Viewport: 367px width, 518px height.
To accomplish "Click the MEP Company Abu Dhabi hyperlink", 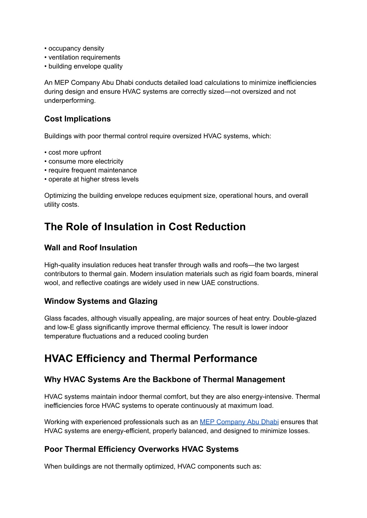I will coord(239,422).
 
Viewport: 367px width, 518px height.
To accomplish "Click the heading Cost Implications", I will coord(77,119).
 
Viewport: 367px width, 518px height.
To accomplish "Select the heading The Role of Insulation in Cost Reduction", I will coord(145,227).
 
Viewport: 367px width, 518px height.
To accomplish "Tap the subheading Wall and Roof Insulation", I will coord(91,248).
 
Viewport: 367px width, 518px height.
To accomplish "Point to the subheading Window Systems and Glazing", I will coord(101,301).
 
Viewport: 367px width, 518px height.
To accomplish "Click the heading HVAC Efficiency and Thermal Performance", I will coord(151,359).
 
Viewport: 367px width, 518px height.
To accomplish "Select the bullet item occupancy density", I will coord(76,48).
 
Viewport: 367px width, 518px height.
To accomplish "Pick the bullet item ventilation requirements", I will coord(84,57).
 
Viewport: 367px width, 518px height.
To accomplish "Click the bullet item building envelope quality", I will coord(85,66).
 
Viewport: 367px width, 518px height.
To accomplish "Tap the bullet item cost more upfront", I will coord(75,153).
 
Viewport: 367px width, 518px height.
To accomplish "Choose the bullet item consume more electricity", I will coord(86,162).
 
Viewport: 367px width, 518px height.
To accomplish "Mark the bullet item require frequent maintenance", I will coord(92,171).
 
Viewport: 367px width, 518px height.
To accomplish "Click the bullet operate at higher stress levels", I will coord(93,179).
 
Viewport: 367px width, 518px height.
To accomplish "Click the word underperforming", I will coord(70,101).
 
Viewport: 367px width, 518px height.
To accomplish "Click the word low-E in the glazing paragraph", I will coord(66,327).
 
